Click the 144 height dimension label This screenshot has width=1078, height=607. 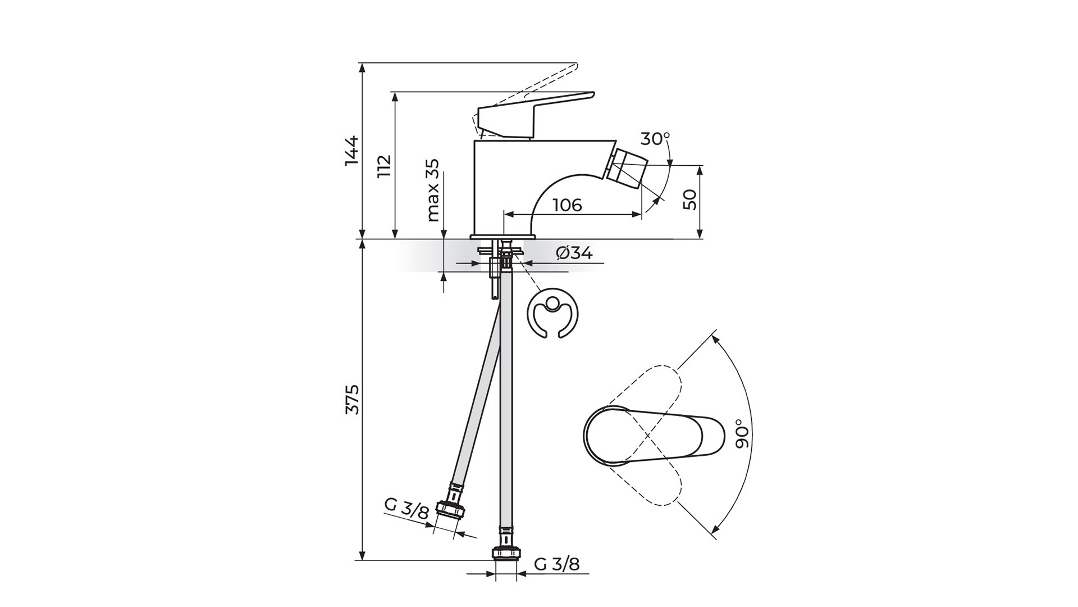pos(352,151)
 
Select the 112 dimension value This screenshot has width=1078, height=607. pos(385,166)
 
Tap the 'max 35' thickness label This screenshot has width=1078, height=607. pos(432,190)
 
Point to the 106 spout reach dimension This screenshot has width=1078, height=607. pos(567,205)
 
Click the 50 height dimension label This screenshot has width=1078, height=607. pos(690,200)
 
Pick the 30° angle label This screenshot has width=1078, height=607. pos(655,138)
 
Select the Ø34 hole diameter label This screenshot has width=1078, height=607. pos(574,253)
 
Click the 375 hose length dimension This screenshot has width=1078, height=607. pos(352,400)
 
